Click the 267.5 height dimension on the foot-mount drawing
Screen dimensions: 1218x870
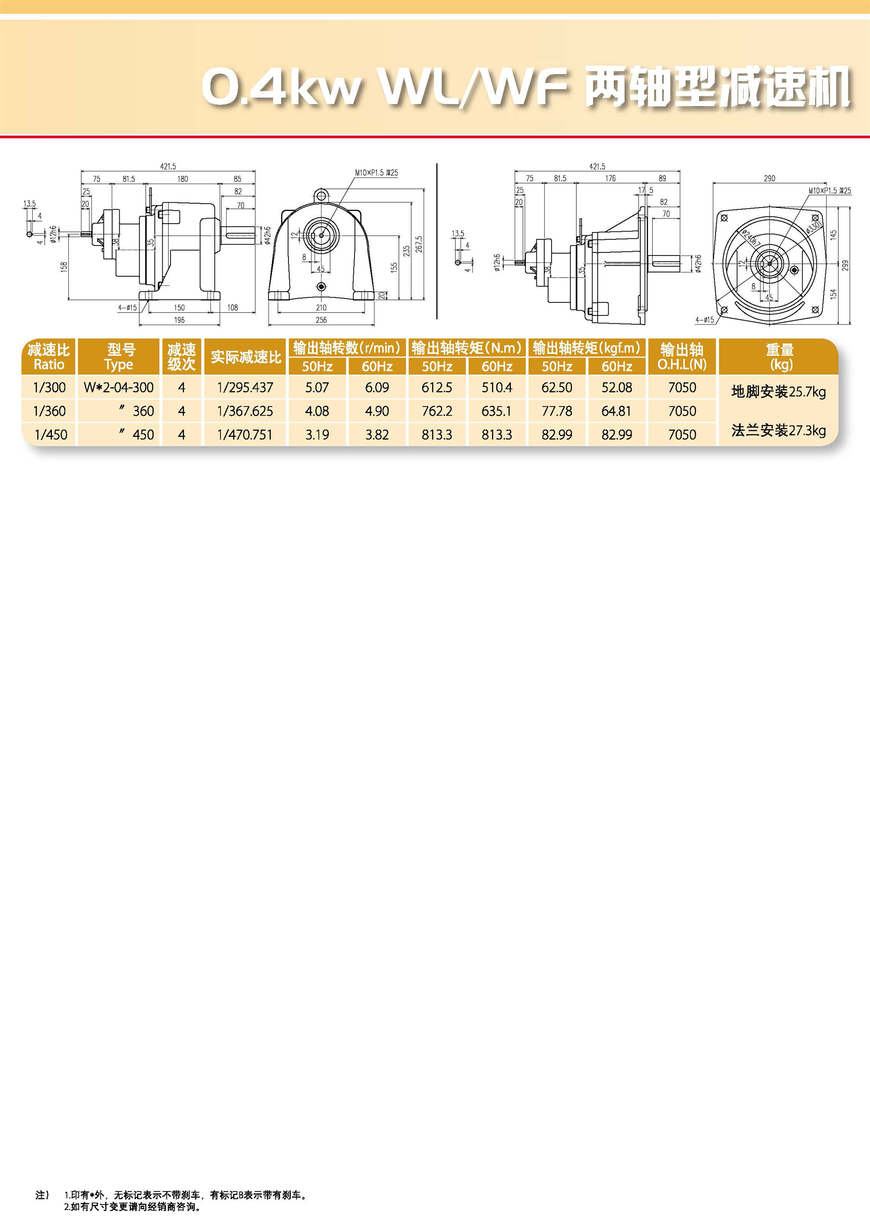tap(419, 245)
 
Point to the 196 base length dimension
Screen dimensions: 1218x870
tap(179, 320)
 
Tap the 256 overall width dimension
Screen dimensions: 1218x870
tap(321, 320)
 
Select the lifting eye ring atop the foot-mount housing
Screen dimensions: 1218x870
tap(321, 195)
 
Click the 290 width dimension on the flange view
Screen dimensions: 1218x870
tap(769, 178)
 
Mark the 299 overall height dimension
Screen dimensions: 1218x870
tap(845, 265)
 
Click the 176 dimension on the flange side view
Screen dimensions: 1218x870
tap(610, 178)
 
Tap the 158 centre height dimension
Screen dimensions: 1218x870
tap(64, 266)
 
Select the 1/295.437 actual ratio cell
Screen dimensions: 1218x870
tap(245, 387)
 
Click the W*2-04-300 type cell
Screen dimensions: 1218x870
tap(118, 387)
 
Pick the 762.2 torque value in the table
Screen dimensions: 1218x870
tap(437, 411)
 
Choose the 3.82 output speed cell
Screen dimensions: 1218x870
tap(377, 435)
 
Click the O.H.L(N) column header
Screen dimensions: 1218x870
tap(682, 364)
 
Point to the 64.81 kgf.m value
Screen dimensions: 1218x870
tap(616, 411)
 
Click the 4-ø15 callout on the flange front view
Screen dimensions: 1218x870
tap(704, 320)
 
